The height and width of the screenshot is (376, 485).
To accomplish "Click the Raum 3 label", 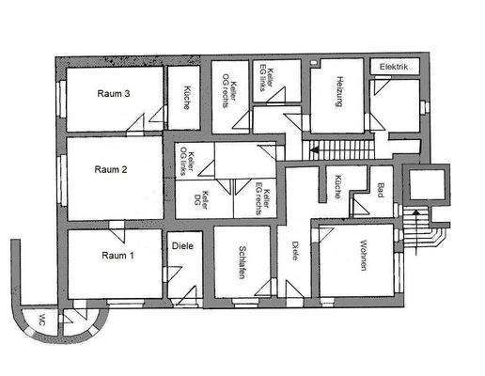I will pos(112,93).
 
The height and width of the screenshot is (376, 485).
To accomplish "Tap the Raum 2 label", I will pos(112,170).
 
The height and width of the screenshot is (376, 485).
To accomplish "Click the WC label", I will pos(42,319).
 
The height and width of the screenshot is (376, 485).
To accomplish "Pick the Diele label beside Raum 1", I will pos(182,246).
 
